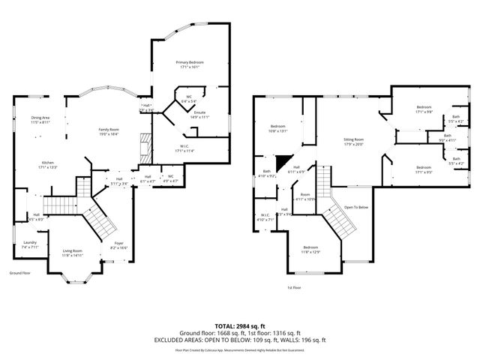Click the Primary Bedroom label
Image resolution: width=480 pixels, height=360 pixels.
190,64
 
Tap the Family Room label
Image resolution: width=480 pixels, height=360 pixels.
109,131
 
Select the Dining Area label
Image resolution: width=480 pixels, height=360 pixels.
40,119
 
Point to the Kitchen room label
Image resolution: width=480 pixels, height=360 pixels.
47,164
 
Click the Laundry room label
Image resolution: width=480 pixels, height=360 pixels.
30,244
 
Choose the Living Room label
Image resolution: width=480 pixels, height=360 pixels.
72,253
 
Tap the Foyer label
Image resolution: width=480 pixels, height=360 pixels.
118,245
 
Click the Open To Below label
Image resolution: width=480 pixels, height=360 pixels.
356,207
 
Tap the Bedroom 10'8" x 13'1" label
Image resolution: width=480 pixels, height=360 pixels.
278,127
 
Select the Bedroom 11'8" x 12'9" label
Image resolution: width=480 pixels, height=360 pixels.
310,249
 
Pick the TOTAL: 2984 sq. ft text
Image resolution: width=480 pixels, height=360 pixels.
239,326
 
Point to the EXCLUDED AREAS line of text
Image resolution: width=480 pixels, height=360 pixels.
239,340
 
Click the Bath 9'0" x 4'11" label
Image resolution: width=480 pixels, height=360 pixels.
447,138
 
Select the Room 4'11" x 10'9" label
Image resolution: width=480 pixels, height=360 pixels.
305,197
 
